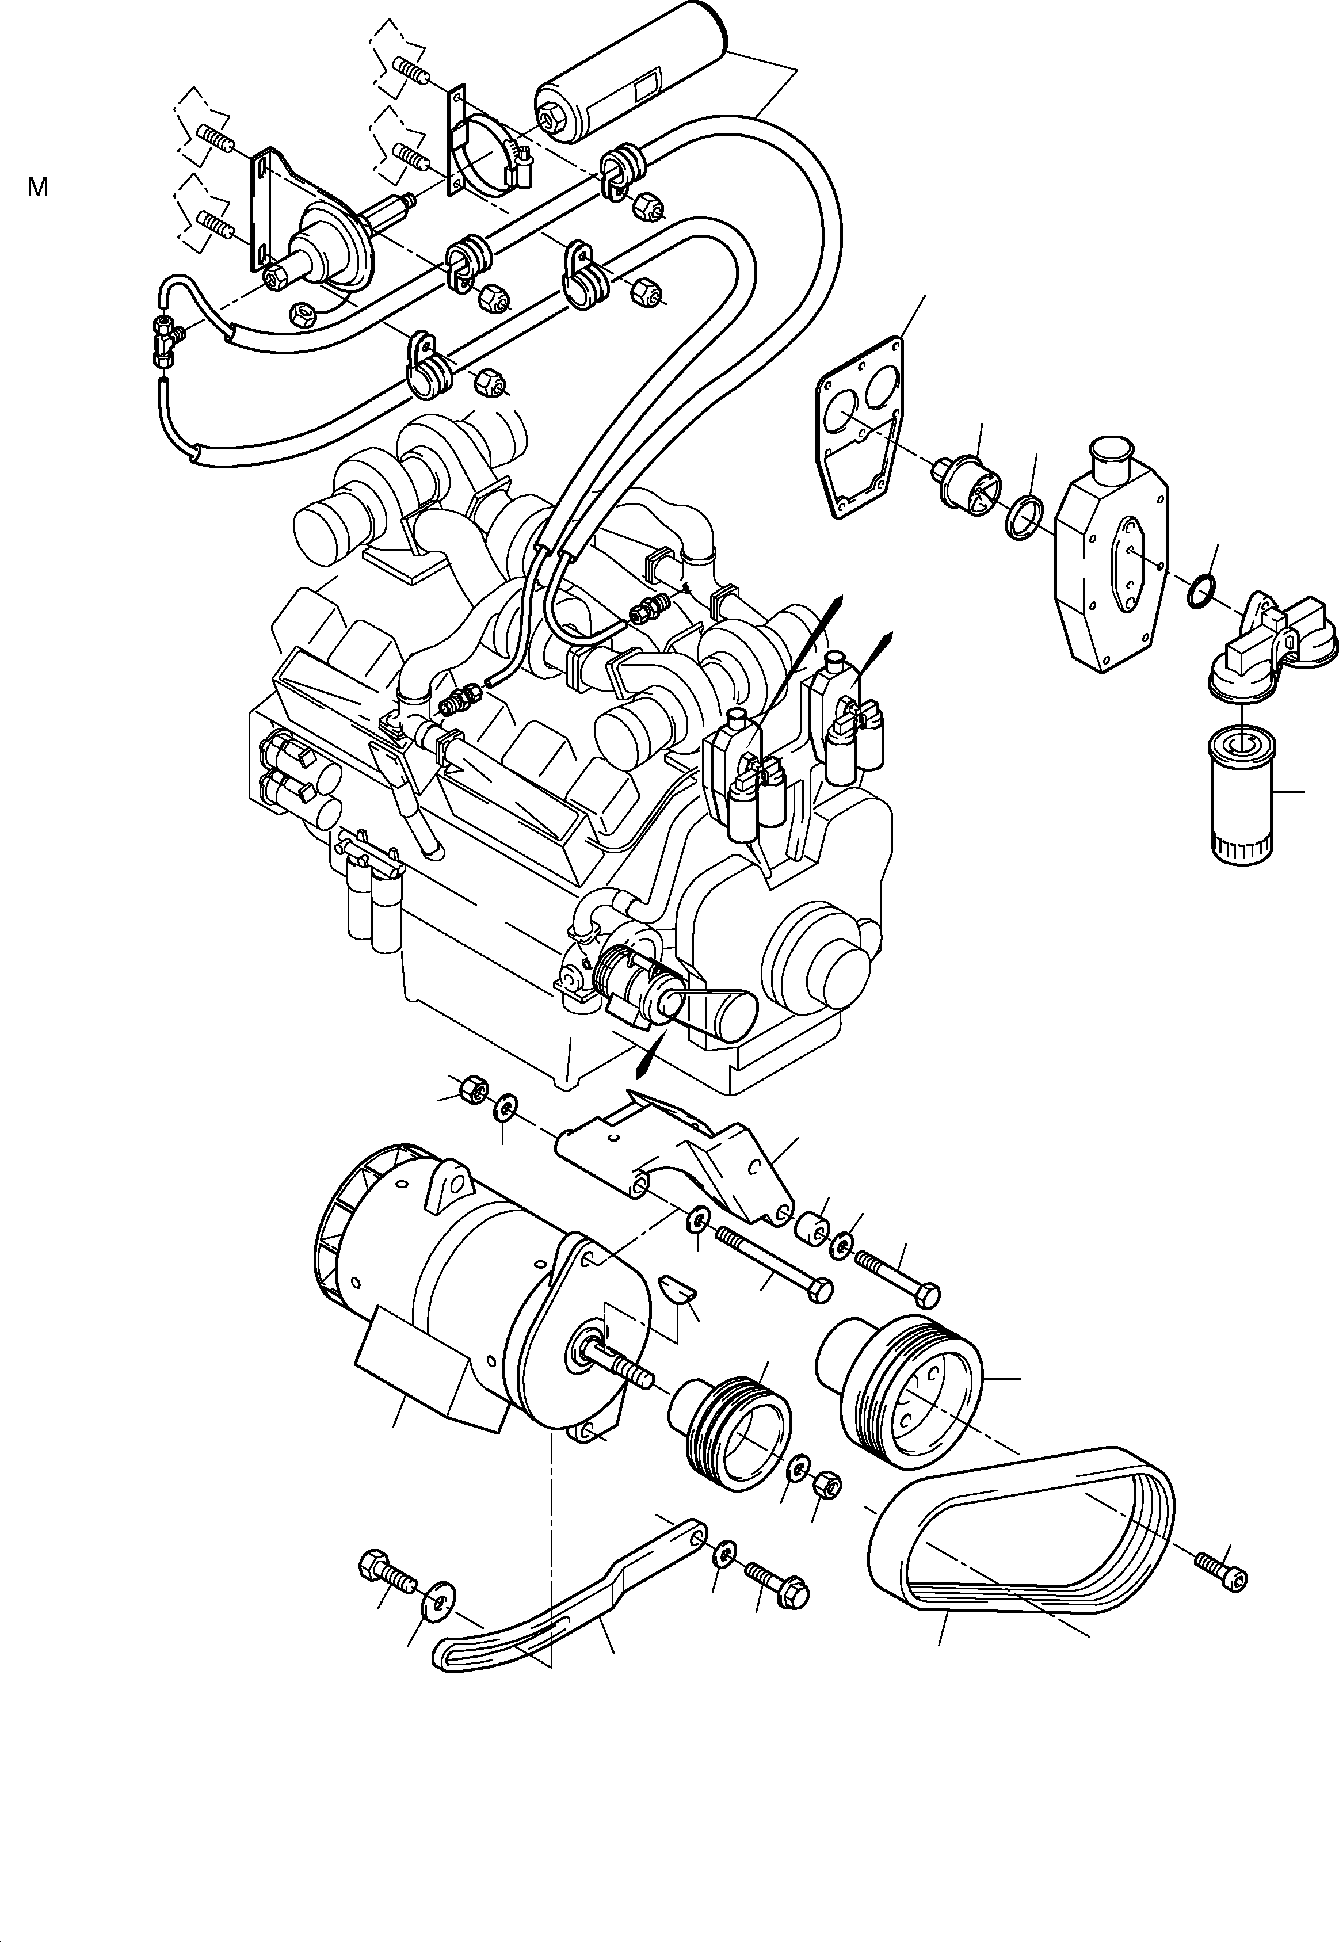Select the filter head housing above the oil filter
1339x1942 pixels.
[1268, 638]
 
